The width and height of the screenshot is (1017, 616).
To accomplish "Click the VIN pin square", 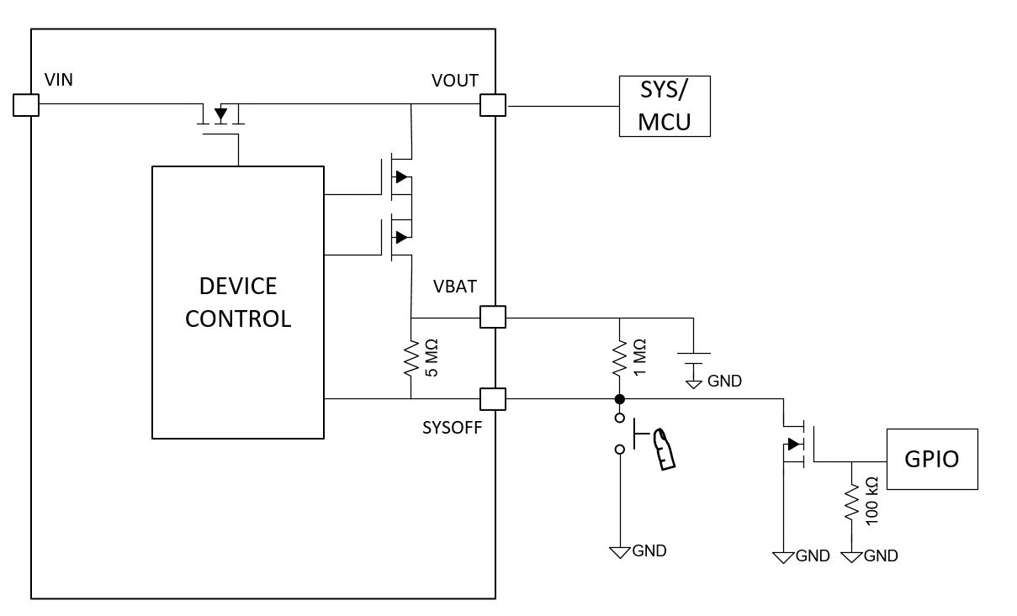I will pyautogui.click(x=26, y=105).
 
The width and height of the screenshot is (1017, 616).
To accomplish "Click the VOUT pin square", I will pyautogui.click(x=492, y=105).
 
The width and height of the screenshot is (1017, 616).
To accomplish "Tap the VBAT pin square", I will pyautogui.click(x=492, y=317).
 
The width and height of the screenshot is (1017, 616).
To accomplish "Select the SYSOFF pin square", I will pyautogui.click(x=492, y=398).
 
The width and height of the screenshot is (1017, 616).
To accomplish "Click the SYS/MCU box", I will pyautogui.click(x=665, y=106).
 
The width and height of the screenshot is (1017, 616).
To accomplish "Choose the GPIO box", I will pyautogui.click(x=932, y=459).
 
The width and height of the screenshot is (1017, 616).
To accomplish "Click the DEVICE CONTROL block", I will pyautogui.click(x=238, y=303).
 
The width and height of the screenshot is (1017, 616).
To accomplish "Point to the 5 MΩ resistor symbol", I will pyautogui.click(x=411, y=358).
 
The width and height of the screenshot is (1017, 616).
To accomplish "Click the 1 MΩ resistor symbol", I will pyautogui.click(x=619, y=358).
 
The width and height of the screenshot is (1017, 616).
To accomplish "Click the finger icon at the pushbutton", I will pyautogui.click(x=665, y=447).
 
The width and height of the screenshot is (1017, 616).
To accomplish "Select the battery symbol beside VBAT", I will pyautogui.click(x=693, y=360).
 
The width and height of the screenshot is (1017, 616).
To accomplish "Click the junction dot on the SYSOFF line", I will pyautogui.click(x=619, y=398).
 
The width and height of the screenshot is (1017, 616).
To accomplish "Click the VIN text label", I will pyautogui.click(x=58, y=81).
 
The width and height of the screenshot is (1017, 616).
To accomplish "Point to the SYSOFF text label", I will pyautogui.click(x=453, y=427).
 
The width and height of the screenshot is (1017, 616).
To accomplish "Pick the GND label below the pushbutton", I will pyautogui.click(x=649, y=551).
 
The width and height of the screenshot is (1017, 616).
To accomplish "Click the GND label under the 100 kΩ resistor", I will pyautogui.click(x=881, y=555).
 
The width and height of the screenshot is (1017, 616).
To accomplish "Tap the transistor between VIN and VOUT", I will pyautogui.click(x=220, y=116).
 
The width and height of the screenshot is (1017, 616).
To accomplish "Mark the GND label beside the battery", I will pyautogui.click(x=724, y=382).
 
